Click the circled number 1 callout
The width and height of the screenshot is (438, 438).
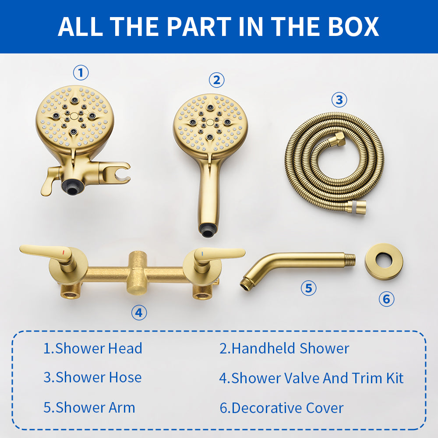pos(81,73)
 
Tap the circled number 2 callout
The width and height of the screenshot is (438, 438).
pos(216,80)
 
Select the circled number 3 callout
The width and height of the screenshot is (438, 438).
pos(339,100)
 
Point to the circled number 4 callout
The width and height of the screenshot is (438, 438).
pos(139,313)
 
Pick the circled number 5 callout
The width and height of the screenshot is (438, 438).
pos(308,288)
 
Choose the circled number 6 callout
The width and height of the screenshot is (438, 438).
pos(386,299)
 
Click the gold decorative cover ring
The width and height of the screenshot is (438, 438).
pos(384,262)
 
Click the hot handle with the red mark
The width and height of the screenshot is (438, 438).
pos(48,251)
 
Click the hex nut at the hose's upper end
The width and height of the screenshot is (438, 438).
pos(339,139)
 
